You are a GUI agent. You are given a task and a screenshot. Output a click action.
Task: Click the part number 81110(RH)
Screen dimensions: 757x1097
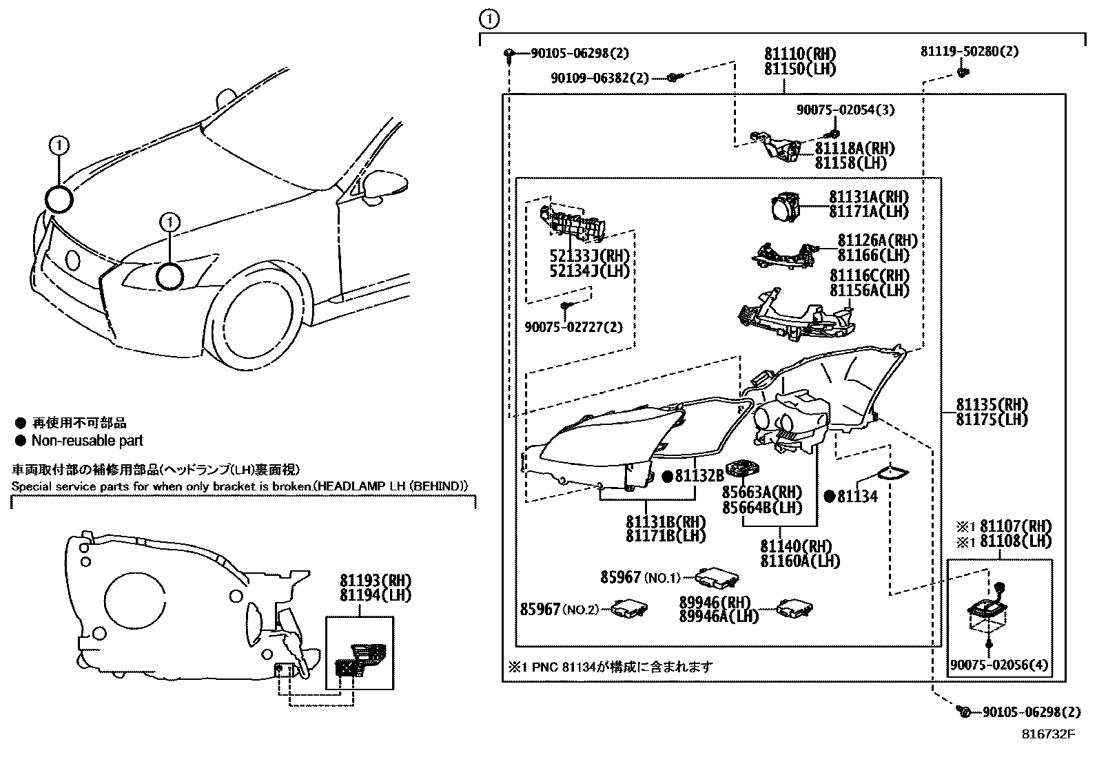(800, 54)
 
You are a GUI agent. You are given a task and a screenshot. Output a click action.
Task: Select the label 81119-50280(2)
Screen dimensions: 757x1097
(970, 51)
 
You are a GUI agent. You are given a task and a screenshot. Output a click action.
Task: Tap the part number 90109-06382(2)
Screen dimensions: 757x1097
(599, 79)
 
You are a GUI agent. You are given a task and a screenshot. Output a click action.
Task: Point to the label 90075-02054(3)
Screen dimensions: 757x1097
(845, 110)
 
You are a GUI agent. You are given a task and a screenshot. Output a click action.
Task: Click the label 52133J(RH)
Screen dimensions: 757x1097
(589, 255)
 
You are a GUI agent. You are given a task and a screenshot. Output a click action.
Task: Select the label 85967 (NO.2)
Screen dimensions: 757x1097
(560, 609)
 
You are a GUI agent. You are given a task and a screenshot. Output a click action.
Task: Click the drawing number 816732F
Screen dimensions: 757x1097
(1048, 734)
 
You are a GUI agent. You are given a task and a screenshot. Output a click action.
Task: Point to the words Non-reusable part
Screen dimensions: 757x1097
(88, 441)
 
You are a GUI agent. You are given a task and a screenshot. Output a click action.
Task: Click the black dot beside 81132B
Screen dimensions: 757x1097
(667, 476)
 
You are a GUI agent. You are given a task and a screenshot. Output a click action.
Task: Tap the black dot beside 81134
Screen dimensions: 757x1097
(830, 496)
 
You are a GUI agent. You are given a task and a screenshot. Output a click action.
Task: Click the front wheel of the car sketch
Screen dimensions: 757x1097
(261, 318)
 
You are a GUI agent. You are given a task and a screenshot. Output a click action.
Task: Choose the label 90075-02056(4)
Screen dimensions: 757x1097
(998, 665)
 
